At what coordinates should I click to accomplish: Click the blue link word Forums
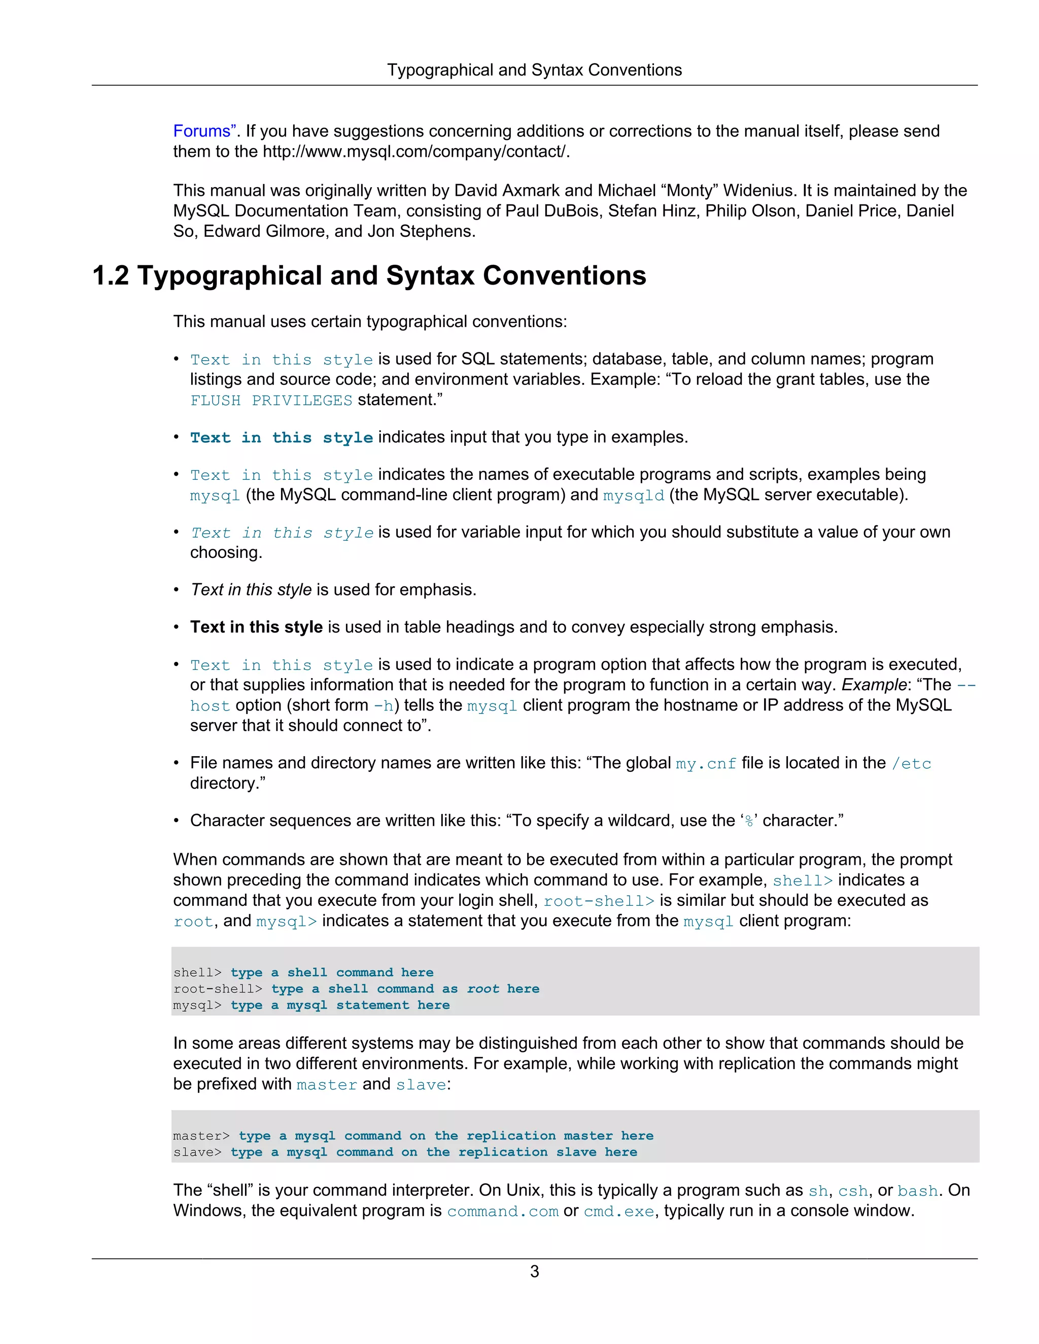pyautogui.click(x=201, y=131)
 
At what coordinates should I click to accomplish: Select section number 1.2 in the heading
pyautogui.click(x=110, y=276)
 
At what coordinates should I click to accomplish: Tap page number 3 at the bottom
pyautogui.click(x=534, y=1271)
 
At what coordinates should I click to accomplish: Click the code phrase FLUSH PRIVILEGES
pyautogui.click(x=271, y=401)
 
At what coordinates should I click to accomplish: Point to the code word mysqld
pyautogui.click(x=633, y=496)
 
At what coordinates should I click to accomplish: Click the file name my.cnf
pyautogui.click(x=705, y=764)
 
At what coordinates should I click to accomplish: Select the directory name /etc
pyautogui.click(x=911, y=764)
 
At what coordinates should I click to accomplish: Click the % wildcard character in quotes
pyautogui.click(x=749, y=822)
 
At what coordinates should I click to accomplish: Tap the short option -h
pyautogui.click(x=384, y=706)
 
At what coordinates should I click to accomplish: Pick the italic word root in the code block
pyautogui.click(x=482, y=989)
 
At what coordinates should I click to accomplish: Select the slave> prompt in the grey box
pyautogui.click(x=197, y=1152)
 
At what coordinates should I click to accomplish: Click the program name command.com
pyautogui.click(x=502, y=1212)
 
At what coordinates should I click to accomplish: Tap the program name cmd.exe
pyautogui.click(x=618, y=1212)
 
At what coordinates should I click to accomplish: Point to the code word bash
pyautogui.click(x=917, y=1191)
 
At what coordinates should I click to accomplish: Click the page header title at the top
pyautogui.click(x=534, y=70)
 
